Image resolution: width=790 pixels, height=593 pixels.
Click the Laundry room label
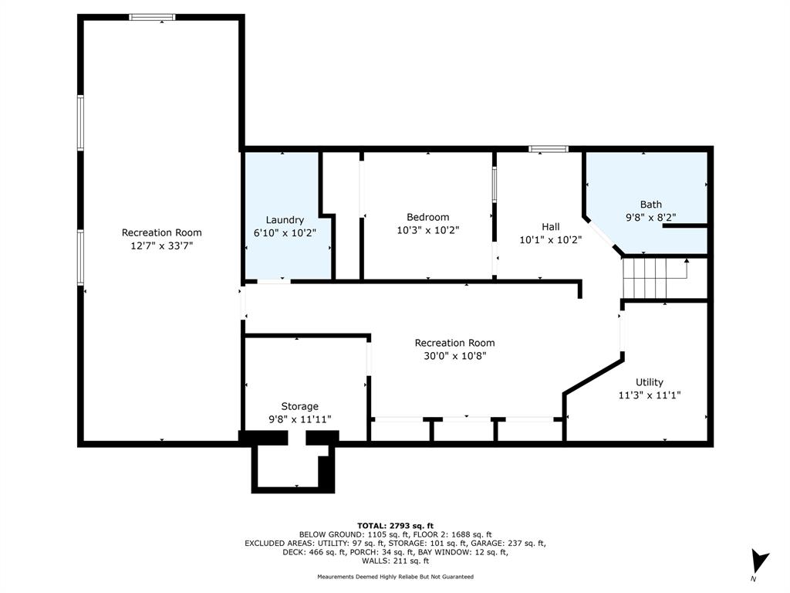(285, 220)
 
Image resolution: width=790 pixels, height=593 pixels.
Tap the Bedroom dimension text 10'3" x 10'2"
(427, 230)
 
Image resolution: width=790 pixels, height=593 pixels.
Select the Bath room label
(650, 204)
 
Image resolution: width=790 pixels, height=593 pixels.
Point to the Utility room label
(649, 382)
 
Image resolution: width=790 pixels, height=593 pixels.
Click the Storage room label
(299, 406)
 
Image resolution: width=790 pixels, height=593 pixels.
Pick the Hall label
(551, 227)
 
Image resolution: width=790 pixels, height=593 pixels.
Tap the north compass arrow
(759, 561)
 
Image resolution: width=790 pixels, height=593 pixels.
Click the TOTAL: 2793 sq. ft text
(395, 525)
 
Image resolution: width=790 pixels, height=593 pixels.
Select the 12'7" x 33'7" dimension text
(162, 246)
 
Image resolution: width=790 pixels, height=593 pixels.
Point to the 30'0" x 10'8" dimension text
(454, 356)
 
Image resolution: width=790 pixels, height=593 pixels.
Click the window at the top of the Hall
(549, 149)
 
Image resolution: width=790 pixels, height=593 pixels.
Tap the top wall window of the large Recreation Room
(152, 17)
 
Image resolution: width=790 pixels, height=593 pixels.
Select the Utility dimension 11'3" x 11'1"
(650, 395)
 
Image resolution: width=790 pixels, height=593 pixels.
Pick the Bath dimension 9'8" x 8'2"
(650, 217)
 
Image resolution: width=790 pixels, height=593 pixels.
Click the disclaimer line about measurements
(395, 576)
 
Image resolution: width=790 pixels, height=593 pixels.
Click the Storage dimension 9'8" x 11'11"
(300, 419)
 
